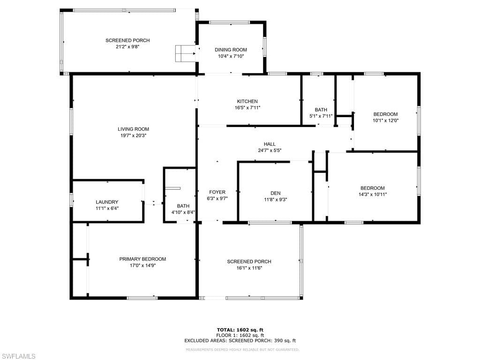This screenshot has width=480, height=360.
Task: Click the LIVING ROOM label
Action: (134, 129)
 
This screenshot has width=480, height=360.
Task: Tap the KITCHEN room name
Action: (247, 101)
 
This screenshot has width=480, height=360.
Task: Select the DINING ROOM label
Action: (231, 50)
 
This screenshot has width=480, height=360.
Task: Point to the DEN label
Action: (276, 193)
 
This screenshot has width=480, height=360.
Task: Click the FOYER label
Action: (217, 192)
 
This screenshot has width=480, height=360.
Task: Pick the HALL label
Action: (270, 144)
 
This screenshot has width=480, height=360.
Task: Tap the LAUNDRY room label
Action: (107, 202)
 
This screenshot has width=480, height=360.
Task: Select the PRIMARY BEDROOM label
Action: (142, 259)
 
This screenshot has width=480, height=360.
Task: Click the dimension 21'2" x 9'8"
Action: (127, 47)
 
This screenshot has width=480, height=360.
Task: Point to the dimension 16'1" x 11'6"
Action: (249, 268)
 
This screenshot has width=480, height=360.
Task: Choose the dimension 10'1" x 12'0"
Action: (386, 120)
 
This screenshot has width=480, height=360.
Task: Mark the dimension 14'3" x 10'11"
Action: (373, 195)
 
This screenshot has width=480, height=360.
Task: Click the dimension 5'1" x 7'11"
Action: (321, 116)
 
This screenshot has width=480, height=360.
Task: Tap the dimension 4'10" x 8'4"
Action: (183, 212)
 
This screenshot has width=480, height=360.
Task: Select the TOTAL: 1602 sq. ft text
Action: (240, 330)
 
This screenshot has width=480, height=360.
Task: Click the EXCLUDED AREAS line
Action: (240, 340)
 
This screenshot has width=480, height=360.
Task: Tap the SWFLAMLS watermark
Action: (18, 356)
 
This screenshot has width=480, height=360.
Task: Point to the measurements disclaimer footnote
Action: (242, 350)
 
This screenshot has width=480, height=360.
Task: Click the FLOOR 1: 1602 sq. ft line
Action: (240, 335)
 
